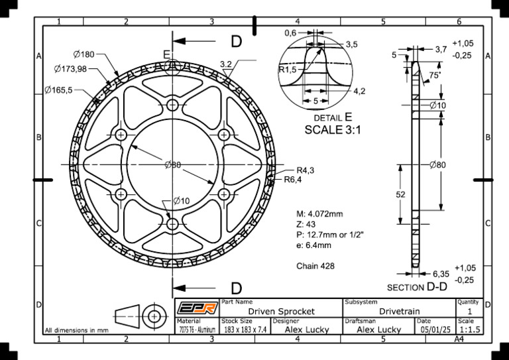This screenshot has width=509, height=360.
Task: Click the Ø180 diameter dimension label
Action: (x=84, y=54)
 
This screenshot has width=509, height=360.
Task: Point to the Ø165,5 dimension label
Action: (x=59, y=90)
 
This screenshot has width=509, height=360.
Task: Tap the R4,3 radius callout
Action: (x=305, y=170)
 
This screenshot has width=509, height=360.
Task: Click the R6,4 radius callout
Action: (x=293, y=179)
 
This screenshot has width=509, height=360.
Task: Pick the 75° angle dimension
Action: (x=435, y=76)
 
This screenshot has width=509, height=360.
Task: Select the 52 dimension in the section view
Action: (x=400, y=195)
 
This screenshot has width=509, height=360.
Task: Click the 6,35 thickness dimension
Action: (x=440, y=273)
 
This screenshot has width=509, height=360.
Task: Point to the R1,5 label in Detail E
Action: (x=288, y=69)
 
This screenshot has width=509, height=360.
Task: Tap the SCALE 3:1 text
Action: (x=332, y=131)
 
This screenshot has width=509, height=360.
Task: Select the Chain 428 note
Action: (x=315, y=266)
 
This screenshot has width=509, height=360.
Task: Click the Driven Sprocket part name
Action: (x=281, y=311)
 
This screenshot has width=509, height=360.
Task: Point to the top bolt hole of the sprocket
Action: (x=173, y=105)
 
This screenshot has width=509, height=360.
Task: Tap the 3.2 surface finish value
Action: (x=225, y=64)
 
